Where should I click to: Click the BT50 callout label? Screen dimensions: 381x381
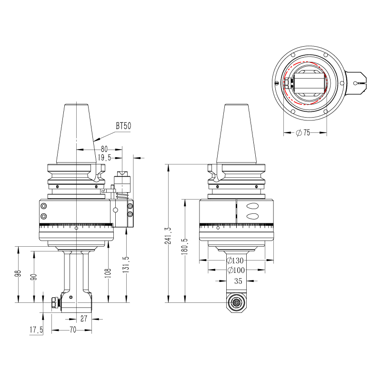coord(123,126)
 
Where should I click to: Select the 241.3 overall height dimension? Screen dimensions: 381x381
coord(168,236)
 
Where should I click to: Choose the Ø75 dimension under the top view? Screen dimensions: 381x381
coord(302,133)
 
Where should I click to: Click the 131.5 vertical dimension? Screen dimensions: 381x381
coord(126,265)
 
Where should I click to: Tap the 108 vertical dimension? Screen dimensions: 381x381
coord(109,272)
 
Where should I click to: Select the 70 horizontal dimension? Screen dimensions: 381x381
coord(73,330)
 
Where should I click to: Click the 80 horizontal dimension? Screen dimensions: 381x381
coord(104,149)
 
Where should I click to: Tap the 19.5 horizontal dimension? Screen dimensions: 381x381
coord(104,157)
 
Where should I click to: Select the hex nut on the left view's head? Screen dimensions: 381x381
coord(54,302)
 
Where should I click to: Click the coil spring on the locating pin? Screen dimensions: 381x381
coord(122,195)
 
